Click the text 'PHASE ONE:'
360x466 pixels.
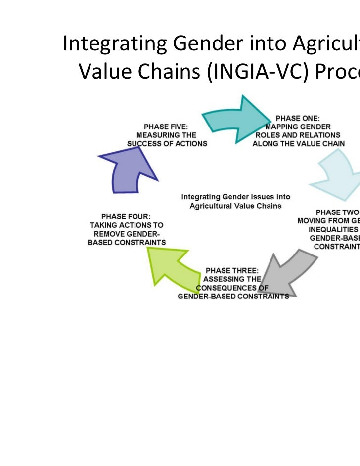[x=298, y=118]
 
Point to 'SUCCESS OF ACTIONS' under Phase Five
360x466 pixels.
[x=167, y=143]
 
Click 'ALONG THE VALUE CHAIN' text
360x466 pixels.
[x=298, y=143]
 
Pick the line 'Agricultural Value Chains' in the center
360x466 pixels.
[x=235, y=205]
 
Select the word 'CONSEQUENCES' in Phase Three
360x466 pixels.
[x=225, y=288]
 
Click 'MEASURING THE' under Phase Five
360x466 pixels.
[x=167, y=135]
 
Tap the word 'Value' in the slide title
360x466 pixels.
[x=101, y=73]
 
